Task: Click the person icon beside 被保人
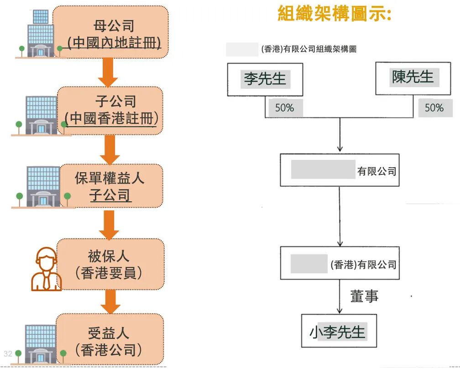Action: coord(45,269)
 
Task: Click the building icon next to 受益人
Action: coord(40,343)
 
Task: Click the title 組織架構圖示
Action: coord(334,14)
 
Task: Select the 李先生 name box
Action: coord(265,79)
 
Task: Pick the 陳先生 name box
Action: coord(413,77)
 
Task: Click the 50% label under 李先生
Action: coord(284,108)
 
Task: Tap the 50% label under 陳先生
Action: coord(434,108)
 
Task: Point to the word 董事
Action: coord(364,296)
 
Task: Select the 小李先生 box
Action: coord(339,331)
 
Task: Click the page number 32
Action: coord(8,353)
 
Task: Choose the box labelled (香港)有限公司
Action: coord(340,264)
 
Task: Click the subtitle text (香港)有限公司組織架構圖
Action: coord(308,49)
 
